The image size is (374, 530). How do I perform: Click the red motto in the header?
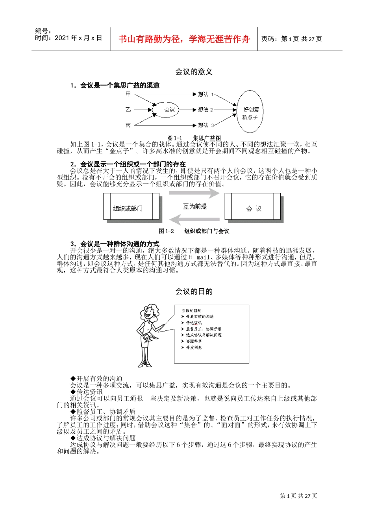(184, 39)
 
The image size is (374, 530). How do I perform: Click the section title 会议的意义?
(194, 72)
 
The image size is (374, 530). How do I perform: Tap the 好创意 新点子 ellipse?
(250, 112)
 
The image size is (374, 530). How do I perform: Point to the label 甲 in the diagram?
(128, 94)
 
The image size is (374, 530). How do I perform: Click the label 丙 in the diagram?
(128, 125)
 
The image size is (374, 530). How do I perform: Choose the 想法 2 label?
(205, 110)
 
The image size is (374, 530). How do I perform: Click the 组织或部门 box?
(131, 207)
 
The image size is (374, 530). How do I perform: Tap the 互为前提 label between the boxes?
(194, 206)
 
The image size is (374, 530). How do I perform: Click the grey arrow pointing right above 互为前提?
(194, 193)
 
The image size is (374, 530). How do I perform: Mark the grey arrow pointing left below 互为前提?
(194, 220)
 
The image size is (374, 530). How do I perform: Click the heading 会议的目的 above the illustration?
(194, 291)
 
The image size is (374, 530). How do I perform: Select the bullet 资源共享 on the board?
(193, 341)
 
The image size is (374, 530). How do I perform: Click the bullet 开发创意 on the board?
(193, 347)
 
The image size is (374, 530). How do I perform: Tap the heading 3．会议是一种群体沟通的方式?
(115, 244)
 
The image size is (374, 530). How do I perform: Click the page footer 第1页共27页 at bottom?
(298, 496)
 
